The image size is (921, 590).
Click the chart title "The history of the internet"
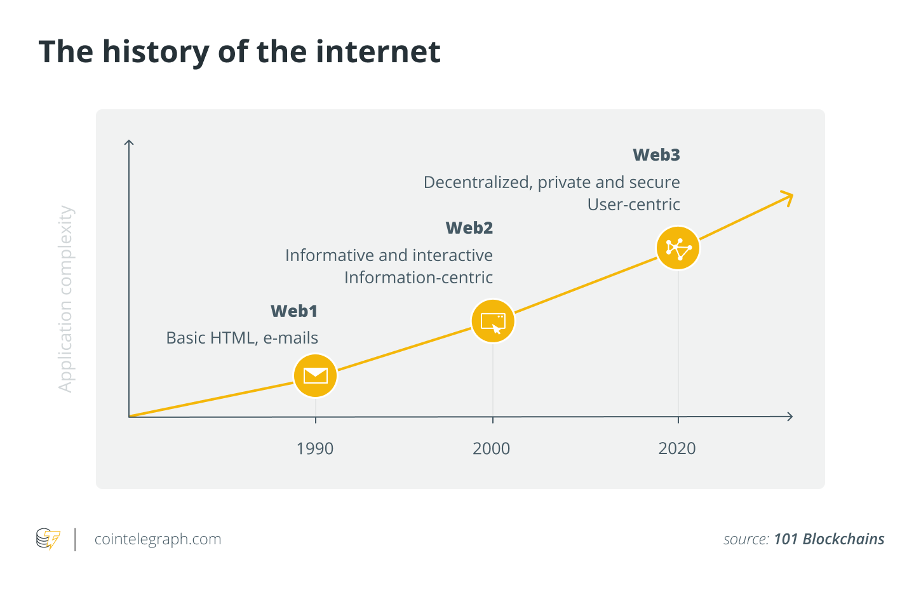click(x=239, y=52)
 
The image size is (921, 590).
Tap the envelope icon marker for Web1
click(x=315, y=375)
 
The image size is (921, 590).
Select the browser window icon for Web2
click(x=493, y=321)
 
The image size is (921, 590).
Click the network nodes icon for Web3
click(x=678, y=248)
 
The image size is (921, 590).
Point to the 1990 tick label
click(x=314, y=448)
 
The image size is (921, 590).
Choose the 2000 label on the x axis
click(x=491, y=448)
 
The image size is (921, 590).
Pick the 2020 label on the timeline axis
click(x=676, y=448)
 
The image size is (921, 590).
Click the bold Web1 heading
click(x=293, y=311)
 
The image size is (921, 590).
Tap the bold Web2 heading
click(x=469, y=228)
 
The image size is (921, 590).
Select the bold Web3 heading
click(x=656, y=155)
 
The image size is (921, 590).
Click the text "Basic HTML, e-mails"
click(x=242, y=338)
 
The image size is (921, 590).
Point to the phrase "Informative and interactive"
click(x=389, y=255)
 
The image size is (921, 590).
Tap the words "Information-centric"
click(x=418, y=278)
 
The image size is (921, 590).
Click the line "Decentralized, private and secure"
click(x=551, y=182)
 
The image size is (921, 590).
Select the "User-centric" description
click(x=633, y=204)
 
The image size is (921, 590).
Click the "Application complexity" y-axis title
click(x=65, y=298)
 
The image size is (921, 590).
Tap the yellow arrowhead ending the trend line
click(x=788, y=198)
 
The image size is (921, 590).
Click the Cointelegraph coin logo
click(x=48, y=539)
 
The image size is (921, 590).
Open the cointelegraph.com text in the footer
click(x=158, y=539)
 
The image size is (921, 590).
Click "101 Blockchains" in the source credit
click(x=828, y=539)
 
